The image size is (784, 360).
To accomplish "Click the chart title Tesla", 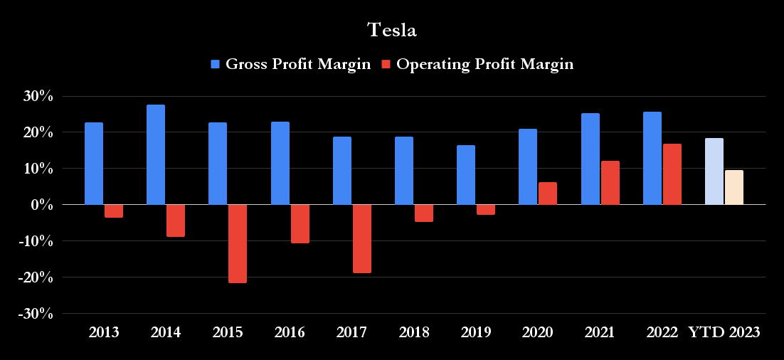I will [x=391, y=30].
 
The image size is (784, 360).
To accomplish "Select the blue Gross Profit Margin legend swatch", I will [x=216, y=64].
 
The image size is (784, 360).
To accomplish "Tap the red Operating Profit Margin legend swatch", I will [x=386, y=64].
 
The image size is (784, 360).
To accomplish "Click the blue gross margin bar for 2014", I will [x=156, y=154].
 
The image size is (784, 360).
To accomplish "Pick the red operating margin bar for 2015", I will [x=238, y=243].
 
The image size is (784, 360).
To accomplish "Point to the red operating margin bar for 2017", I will [x=362, y=238].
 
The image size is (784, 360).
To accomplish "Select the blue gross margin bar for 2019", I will [x=466, y=175].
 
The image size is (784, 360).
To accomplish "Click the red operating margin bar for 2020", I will [x=548, y=194].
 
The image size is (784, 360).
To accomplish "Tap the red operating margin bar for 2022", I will [x=672, y=174].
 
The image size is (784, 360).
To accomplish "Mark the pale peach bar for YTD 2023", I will [x=734, y=187].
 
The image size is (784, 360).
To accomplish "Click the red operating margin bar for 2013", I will [x=114, y=211].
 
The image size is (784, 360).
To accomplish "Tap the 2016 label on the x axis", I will [x=290, y=332].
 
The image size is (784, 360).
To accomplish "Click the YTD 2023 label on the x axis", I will [x=724, y=332].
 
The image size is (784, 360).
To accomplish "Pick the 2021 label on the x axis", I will [x=600, y=332].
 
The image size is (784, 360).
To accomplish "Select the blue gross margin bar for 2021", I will [x=590, y=159].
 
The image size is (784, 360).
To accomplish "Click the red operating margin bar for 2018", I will [x=424, y=213].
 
